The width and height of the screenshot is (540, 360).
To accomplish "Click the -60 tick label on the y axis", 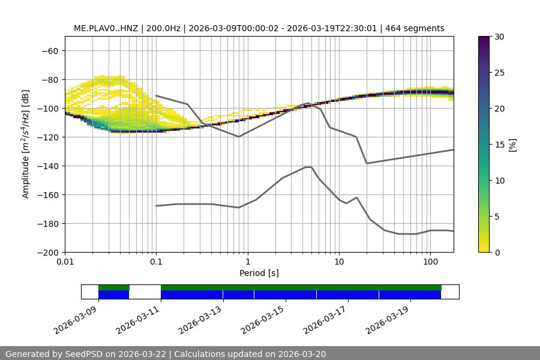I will pos(50,50).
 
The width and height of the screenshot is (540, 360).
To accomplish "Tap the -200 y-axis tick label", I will pos(47,252).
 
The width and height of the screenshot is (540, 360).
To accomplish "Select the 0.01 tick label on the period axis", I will pos(65,262).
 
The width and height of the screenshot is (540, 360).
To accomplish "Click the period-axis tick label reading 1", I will pos(247,262).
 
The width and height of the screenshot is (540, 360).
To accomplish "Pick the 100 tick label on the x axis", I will pos(430,262).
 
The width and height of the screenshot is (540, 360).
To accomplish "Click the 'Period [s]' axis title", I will pos(259,273).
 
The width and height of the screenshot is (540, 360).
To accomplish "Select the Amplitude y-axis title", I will pos(26,144).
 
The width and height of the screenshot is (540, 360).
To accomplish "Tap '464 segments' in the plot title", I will pos(415,28).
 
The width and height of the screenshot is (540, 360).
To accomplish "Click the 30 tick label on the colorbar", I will pos(499,37).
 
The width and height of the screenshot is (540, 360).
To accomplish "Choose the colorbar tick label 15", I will pos(499,145).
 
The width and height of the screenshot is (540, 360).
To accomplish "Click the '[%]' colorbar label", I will pos(512,145).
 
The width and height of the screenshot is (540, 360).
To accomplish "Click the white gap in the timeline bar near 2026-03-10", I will pos(145,292).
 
